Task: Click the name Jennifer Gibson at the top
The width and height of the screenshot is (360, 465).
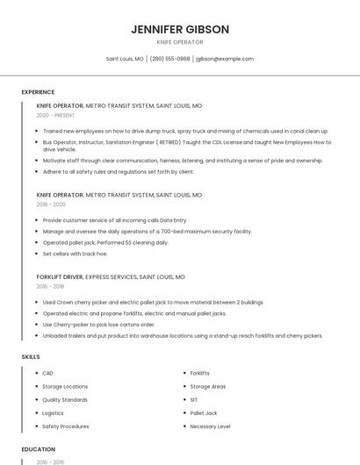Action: pos(180,29)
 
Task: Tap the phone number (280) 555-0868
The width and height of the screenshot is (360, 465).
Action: pos(169,59)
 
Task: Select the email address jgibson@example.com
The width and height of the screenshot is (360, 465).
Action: pos(225,59)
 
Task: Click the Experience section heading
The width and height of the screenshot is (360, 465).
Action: pos(38,92)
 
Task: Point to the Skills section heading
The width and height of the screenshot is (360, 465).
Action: pos(30,357)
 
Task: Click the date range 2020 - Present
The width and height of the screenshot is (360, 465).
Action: pos(56,115)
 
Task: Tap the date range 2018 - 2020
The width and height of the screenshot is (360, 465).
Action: pos(51,204)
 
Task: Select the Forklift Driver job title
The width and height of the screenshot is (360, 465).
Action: pos(60,276)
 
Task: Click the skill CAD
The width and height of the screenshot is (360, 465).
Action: pos(47,373)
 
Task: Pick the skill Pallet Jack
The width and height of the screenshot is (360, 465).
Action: pos(204,412)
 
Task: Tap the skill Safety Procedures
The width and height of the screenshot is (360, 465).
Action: pos(66,426)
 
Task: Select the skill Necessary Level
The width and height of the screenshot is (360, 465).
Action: pos(210,426)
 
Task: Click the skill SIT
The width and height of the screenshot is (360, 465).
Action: pos(194,399)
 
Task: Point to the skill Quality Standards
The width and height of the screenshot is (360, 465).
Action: pos(65,399)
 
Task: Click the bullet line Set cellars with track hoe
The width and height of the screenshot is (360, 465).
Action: pos(75,254)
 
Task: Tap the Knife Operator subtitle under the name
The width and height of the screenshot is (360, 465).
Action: pos(180,42)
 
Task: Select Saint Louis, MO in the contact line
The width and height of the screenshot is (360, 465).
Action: pos(125,59)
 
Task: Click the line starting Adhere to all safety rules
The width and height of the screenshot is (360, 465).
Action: pos(118,172)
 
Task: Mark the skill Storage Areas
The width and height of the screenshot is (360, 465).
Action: pos(208,386)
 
